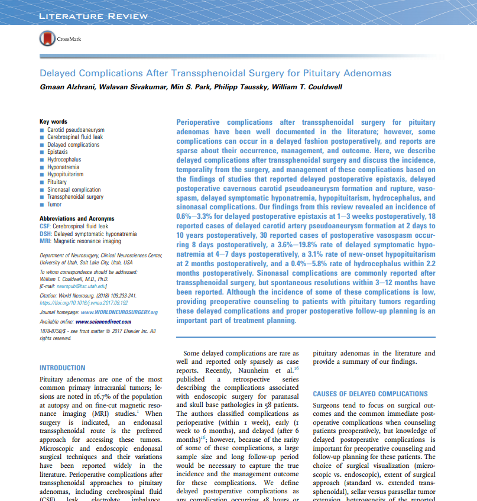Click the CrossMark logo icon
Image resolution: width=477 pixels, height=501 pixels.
(47, 40)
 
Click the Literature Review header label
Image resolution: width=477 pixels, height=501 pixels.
(93, 16)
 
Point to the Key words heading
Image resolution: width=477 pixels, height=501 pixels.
(53, 122)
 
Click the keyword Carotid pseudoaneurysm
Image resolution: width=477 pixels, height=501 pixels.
(76, 130)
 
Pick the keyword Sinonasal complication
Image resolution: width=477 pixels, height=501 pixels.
(74, 190)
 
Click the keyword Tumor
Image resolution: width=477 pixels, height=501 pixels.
(54, 205)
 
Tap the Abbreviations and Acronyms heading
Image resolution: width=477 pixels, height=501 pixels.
(77, 219)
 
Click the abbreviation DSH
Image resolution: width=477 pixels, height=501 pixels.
(44, 234)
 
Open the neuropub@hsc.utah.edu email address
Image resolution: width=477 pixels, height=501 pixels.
(80, 286)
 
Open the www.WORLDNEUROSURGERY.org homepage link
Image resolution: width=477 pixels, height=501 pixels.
(119, 312)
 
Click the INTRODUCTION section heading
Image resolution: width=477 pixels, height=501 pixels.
(62, 368)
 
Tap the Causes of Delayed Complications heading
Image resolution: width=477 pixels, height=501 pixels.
(370, 394)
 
